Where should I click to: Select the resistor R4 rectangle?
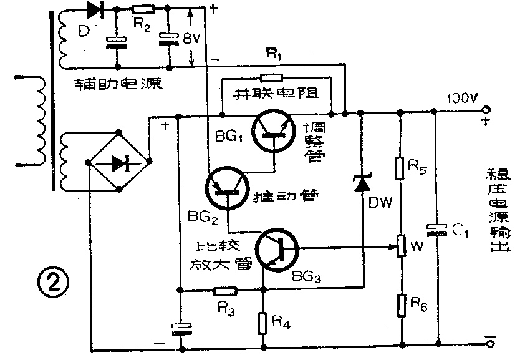[264, 322]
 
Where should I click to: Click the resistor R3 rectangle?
[224, 290]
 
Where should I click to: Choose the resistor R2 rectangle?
[144, 9]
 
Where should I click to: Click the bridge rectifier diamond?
[119, 163]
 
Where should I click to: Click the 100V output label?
[460, 99]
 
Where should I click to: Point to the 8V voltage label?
[191, 39]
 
